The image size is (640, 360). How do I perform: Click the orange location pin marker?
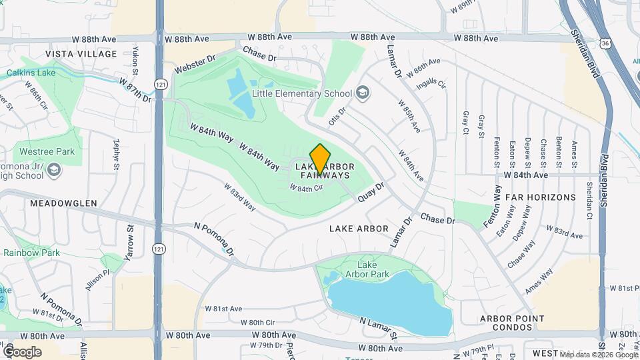[321, 159]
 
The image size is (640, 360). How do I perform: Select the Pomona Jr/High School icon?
[54, 172]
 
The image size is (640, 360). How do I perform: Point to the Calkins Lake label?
[31, 72]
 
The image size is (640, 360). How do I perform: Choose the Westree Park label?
[47, 151]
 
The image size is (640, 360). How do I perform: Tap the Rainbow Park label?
[31, 253]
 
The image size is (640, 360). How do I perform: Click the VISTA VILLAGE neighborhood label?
[81, 54]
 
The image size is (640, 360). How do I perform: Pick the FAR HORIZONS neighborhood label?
[540, 197]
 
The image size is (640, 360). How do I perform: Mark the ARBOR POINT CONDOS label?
[507, 323]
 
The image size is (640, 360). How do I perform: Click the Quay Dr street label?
[372, 192]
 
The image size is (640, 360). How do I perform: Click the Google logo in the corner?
[22, 351]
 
